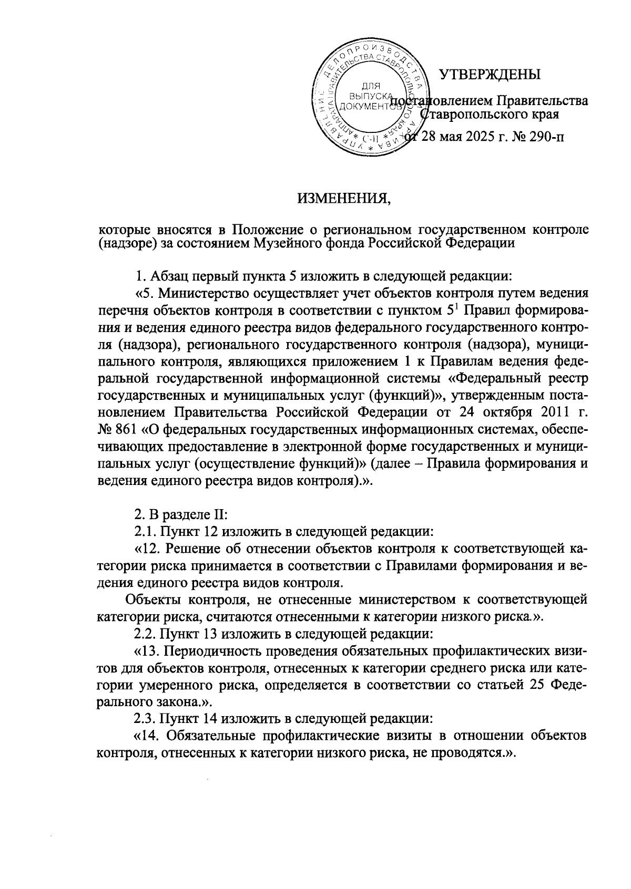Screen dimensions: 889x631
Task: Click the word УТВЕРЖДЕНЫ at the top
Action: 490,74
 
